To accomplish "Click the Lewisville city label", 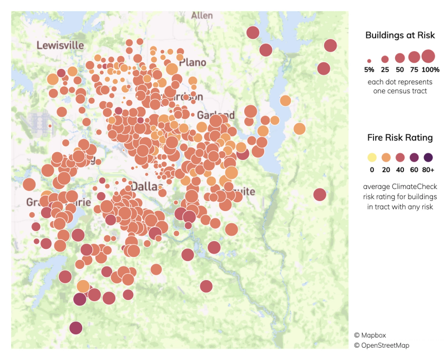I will (x=60, y=44).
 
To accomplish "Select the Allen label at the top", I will (x=202, y=16).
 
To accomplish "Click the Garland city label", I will (x=216, y=116).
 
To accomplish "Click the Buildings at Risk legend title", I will (x=400, y=36).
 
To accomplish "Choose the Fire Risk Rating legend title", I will (x=400, y=137).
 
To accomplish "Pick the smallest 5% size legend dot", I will (x=369, y=60).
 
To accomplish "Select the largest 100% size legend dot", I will (x=428, y=56).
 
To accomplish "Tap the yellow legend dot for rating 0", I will (x=371, y=157).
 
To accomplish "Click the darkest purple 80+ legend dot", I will (x=428, y=157).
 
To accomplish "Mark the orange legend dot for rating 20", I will (x=386, y=157).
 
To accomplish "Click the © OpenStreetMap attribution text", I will (x=382, y=345).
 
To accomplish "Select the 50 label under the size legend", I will (x=400, y=69).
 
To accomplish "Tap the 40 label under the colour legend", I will (x=400, y=169).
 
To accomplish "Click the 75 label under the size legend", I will (x=414, y=69).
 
